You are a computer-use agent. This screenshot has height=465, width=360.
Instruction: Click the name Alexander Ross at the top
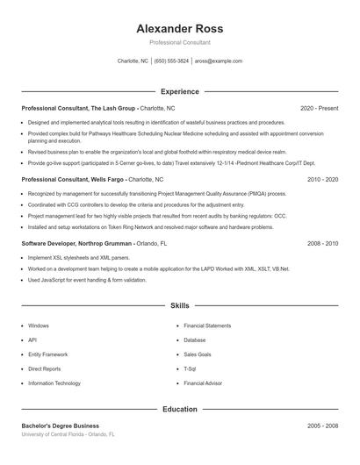click(180, 28)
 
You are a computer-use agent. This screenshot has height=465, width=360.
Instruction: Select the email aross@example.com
click(219, 61)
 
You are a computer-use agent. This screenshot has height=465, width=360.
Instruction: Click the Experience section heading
click(180, 91)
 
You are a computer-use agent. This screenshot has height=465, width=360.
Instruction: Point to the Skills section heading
click(180, 306)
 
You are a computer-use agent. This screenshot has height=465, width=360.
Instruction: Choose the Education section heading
click(180, 409)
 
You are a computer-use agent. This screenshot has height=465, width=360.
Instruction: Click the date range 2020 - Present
click(319, 108)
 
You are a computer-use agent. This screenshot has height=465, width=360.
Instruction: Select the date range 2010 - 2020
click(322, 179)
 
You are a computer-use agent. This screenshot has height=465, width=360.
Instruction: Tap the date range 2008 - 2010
click(322, 243)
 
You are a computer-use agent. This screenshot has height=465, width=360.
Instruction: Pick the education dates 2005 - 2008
click(322, 426)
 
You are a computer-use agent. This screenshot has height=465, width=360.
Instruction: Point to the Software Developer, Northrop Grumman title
click(77, 243)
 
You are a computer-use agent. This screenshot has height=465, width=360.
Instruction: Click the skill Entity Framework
click(47, 354)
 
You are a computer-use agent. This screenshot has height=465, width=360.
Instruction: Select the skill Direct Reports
click(45, 368)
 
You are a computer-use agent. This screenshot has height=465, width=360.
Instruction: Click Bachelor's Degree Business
click(60, 426)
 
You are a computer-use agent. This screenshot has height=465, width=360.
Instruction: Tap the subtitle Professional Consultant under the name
click(180, 42)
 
